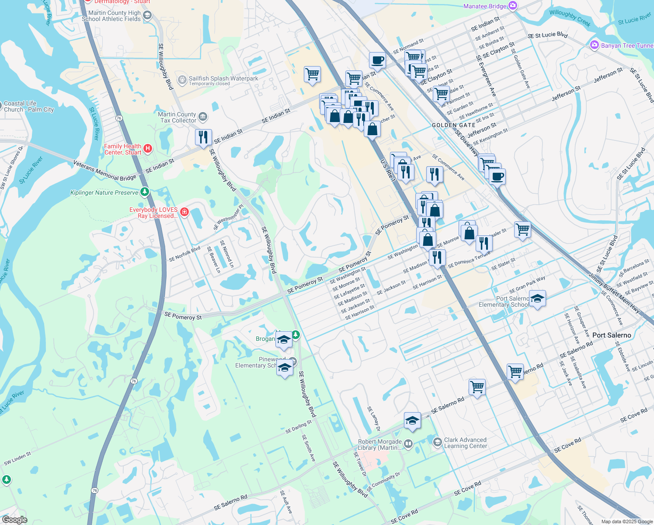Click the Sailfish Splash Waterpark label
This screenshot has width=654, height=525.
pos(223,79)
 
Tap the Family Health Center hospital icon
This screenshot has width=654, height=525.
pos(148,149)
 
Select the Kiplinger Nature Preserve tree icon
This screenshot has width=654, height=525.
pos(145,192)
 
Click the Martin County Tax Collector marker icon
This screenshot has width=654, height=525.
pos(202,117)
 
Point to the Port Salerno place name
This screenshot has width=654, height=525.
pos(612,335)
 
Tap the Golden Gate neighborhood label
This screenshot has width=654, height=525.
pos(454,125)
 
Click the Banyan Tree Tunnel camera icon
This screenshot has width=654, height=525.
pos(594,45)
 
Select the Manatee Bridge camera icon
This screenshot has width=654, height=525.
pos(513,6)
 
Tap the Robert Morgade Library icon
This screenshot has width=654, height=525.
pos(408,444)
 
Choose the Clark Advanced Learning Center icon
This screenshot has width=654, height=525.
pos(437,442)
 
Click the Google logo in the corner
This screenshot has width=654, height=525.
pos(14,519)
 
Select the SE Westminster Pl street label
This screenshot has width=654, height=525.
pos(228,217)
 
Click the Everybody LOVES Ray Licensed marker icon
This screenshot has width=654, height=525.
pos(184,212)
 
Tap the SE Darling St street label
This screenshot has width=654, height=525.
pos(299,427)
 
